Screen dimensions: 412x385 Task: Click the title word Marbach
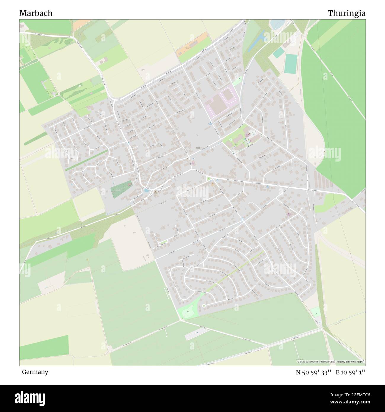pos(36,13)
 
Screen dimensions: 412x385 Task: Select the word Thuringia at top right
pos(346,13)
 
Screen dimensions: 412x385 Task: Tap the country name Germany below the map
pos(35,372)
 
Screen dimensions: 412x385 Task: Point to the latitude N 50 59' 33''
pos(314,372)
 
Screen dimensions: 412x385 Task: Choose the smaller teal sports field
pos(279,52)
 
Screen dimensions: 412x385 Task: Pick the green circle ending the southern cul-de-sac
pos(204,306)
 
